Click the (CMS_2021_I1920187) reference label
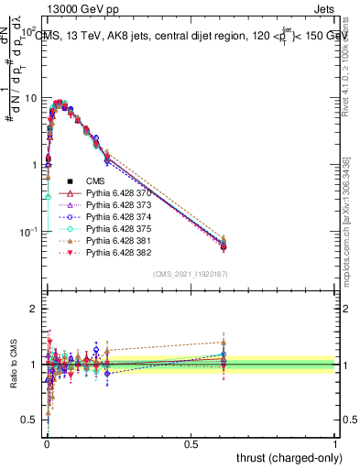(x=190, y=274)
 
